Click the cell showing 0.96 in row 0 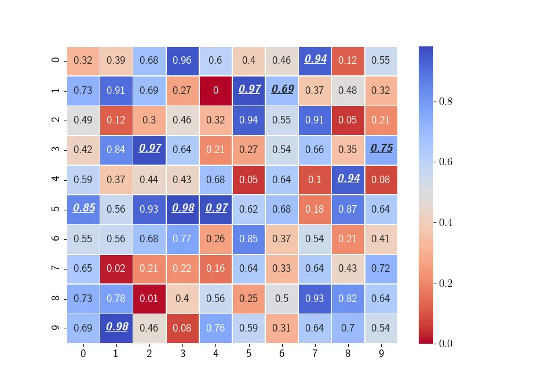coord(182,60)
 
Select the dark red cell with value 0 coord(215,90)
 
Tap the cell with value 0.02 coord(116,268)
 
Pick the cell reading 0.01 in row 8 coord(149,298)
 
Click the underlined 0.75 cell coord(381,150)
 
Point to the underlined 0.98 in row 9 coord(116,328)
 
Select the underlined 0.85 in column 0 coord(83,209)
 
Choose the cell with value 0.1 coord(315,180)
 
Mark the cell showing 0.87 coord(348,209)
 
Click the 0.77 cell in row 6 coord(182,239)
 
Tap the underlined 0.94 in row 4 coord(348,180)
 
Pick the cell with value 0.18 coord(315,209)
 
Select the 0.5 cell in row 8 coord(282,298)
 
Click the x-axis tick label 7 coord(315,352)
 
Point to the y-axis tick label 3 coord(55,150)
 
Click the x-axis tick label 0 coord(83,352)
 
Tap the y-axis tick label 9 coord(55,328)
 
